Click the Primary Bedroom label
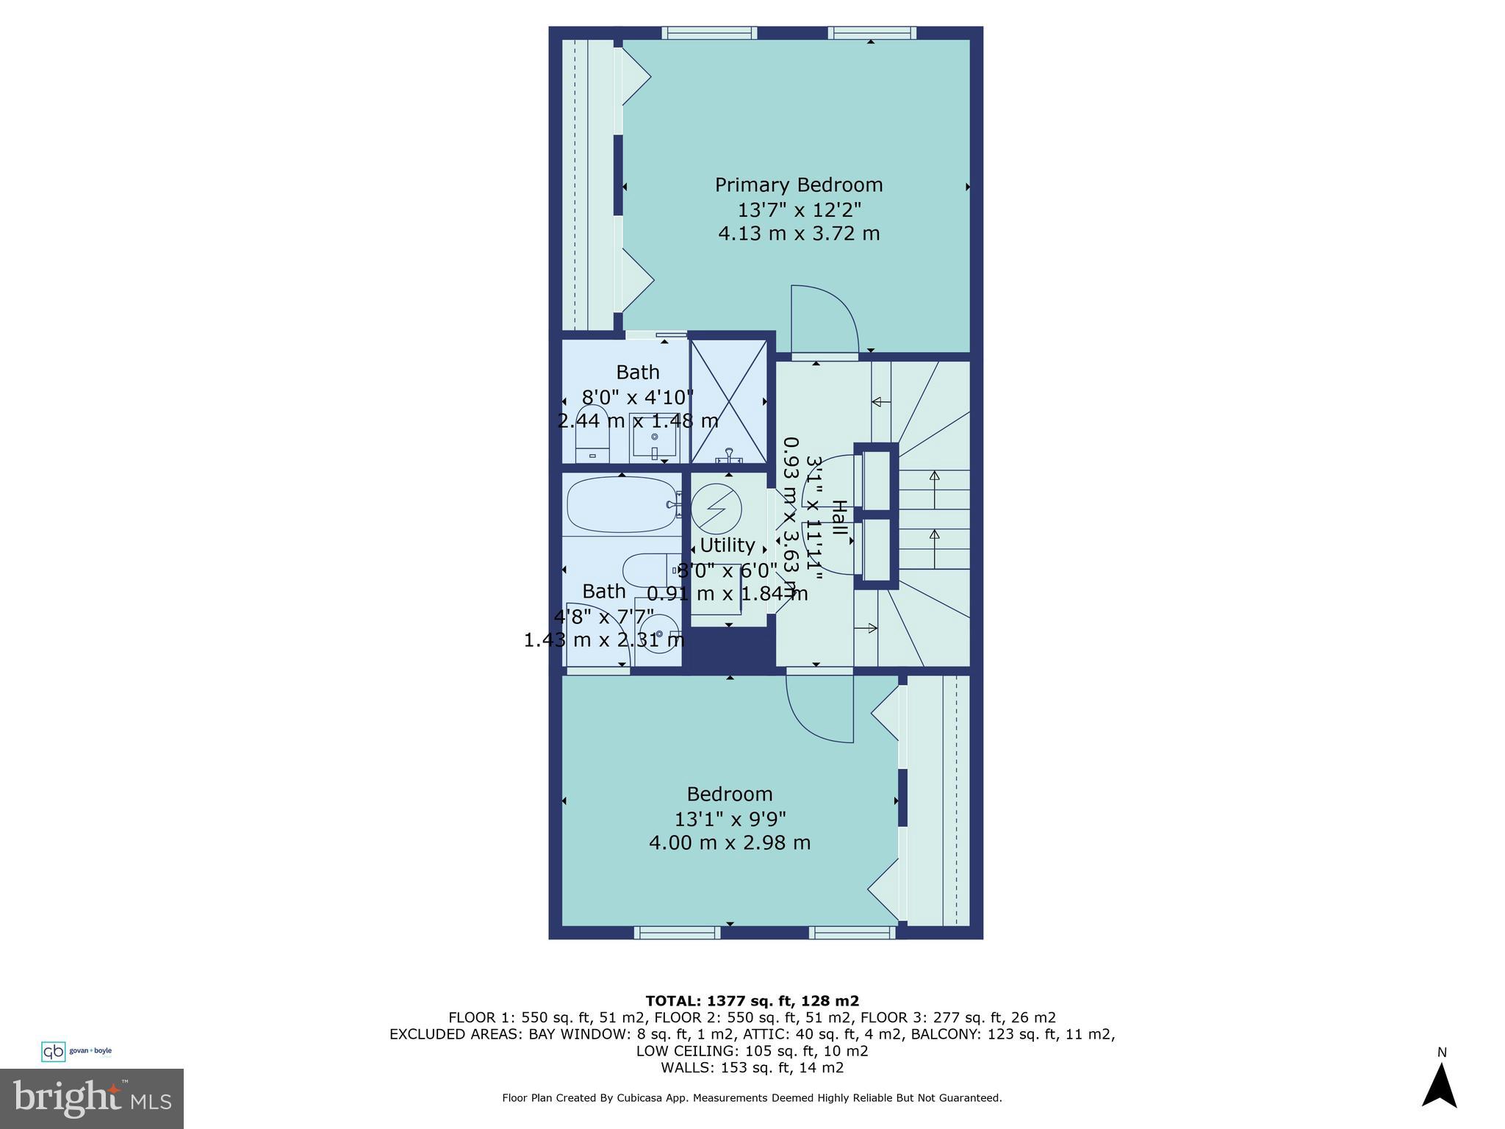click(799, 184)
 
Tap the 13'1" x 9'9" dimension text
click(730, 818)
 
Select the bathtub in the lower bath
click(621, 505)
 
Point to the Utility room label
click(727, 545)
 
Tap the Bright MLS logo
click(92, 1098)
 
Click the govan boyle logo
click(76, 1051)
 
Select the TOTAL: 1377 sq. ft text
click(751, 1000)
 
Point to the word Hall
click(838, 522)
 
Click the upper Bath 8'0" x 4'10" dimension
click(637, 398)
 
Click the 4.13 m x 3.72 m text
click(799, 234)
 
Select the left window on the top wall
click(708, 32)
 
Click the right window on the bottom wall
click(852, 932)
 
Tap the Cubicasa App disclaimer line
click(751, 1097)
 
